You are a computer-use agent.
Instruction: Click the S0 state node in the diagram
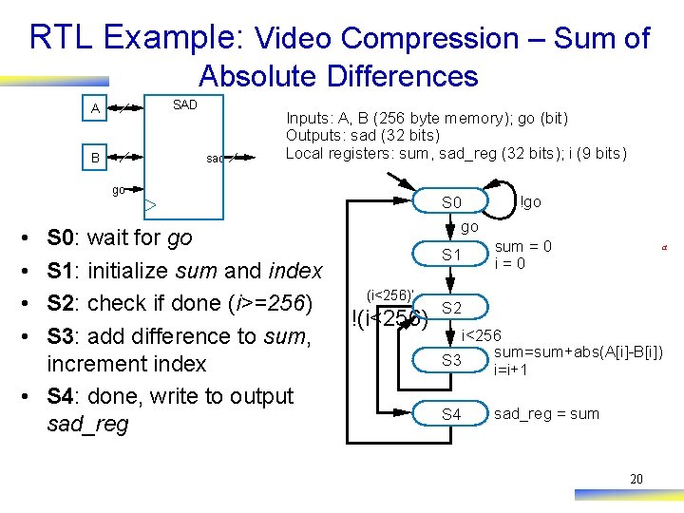tap(451, 202)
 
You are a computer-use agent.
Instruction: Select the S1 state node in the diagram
tap(451, 255)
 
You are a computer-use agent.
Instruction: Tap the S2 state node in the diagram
tap(451, 308)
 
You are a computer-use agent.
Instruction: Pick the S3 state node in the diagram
tap(451, 360)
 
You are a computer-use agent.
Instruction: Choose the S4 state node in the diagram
tap(451, 414)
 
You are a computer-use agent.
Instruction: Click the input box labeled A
tap(95, 109)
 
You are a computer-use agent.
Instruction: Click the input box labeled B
tap(95, 157)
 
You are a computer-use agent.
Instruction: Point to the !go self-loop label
tap(531, 201)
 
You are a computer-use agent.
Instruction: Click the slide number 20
tap(636, 479)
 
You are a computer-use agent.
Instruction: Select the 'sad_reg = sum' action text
tap(546, 414)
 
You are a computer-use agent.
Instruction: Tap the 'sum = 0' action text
tap(523, 247)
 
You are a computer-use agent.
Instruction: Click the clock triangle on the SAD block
tap(150, 204)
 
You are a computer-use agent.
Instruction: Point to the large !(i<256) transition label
tap(389, 319)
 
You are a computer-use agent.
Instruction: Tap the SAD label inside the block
tap(184, 104)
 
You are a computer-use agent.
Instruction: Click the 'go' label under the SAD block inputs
tap(119, 190)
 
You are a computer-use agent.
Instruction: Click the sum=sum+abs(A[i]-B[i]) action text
tap(578, 353)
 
